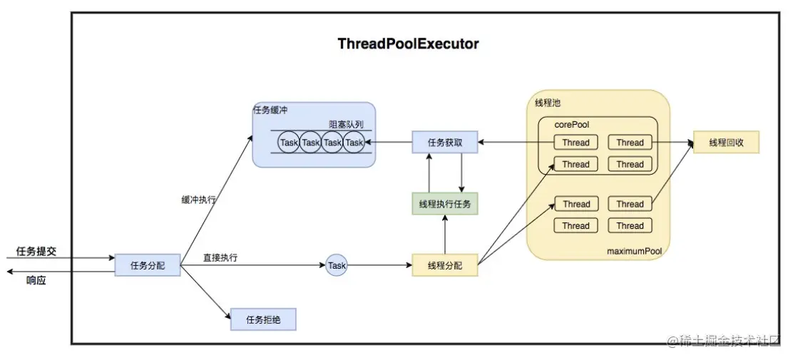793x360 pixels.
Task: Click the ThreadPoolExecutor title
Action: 408,43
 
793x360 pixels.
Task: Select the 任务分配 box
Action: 148,265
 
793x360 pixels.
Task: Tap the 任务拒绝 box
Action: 263,319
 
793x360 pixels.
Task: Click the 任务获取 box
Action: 445,143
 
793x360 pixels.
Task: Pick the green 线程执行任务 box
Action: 445,204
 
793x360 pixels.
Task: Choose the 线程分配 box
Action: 445,265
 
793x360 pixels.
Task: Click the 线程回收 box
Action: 726,143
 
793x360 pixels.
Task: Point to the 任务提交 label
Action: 36,252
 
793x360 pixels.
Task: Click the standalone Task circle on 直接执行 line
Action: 337,265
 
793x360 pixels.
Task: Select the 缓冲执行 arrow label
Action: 198,200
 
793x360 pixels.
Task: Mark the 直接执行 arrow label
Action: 220,257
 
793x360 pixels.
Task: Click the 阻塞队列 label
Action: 346,124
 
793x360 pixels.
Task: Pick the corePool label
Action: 572,124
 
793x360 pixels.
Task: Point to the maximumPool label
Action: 634,251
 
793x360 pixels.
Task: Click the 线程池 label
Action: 548,103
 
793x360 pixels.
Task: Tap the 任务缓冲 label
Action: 270,109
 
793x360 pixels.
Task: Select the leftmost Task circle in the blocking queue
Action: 289,143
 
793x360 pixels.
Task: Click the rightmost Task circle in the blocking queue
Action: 354,143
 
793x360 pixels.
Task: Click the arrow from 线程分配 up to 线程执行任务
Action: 445,235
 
